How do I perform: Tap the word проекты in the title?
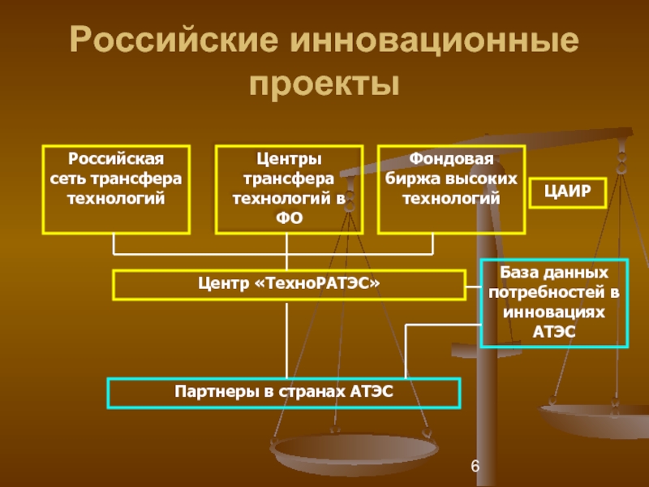point(324,83)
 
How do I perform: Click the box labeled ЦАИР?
point(568,192)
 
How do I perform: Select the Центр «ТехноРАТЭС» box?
point(288,285)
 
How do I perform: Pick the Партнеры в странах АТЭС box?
point(284,393)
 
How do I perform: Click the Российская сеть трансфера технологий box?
point(116,189)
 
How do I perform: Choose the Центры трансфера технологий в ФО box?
point(288,189)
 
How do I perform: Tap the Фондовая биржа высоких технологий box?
point(452,189)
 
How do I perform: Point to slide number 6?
point(475,466)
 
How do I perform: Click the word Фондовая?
point(451,157)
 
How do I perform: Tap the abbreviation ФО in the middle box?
point(289,218)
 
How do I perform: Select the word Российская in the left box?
point(116,157)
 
